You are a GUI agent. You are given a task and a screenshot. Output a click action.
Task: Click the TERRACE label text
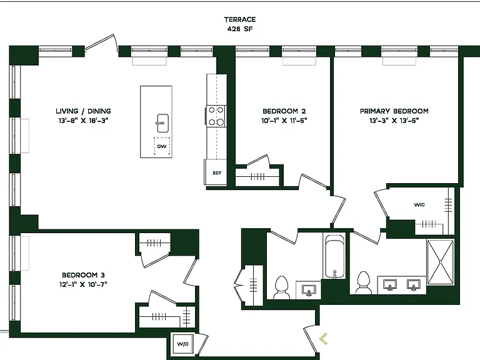[x=240, y=19]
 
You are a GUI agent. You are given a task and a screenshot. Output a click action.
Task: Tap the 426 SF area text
[x=240, y=29]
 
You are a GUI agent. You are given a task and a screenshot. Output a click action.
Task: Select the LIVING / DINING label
[x=83, y=111]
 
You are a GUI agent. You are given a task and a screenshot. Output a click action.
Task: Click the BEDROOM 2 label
[x=284, y=111]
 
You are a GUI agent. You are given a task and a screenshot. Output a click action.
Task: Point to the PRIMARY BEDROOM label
[x=394, y=111]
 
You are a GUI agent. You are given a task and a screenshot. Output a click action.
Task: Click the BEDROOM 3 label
[x=83, y=275]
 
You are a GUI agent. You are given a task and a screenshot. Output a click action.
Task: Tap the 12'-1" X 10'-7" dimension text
[x=83, y=284]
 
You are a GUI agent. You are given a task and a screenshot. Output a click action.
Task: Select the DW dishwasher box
[x=162, y=146]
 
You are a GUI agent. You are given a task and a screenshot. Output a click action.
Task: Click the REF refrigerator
[x=216, y=172]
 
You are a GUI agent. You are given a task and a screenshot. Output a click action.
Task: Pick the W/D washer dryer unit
[x=182, y=344]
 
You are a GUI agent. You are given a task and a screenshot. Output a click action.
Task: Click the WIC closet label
[x=419, y=205]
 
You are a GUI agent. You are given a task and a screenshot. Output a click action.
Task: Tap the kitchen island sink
[x=162, y=123]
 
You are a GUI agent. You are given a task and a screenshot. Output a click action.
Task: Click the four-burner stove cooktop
[x=216, y=116]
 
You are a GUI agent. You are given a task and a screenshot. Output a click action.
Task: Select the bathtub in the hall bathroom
[x=334, y=256]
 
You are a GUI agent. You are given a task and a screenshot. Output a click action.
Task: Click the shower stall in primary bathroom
[x=440, y=262]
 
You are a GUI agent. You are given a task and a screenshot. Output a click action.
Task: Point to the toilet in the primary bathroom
[x=363, y=282]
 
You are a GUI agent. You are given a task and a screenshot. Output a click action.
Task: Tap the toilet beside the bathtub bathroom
[x=282, y=287]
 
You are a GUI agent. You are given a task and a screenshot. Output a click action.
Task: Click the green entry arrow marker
[x=323, y=339]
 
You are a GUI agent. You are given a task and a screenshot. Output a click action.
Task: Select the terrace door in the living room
[x=102, y=46]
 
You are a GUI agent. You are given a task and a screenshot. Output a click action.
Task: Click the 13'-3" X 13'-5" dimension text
[x=394, y=121]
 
